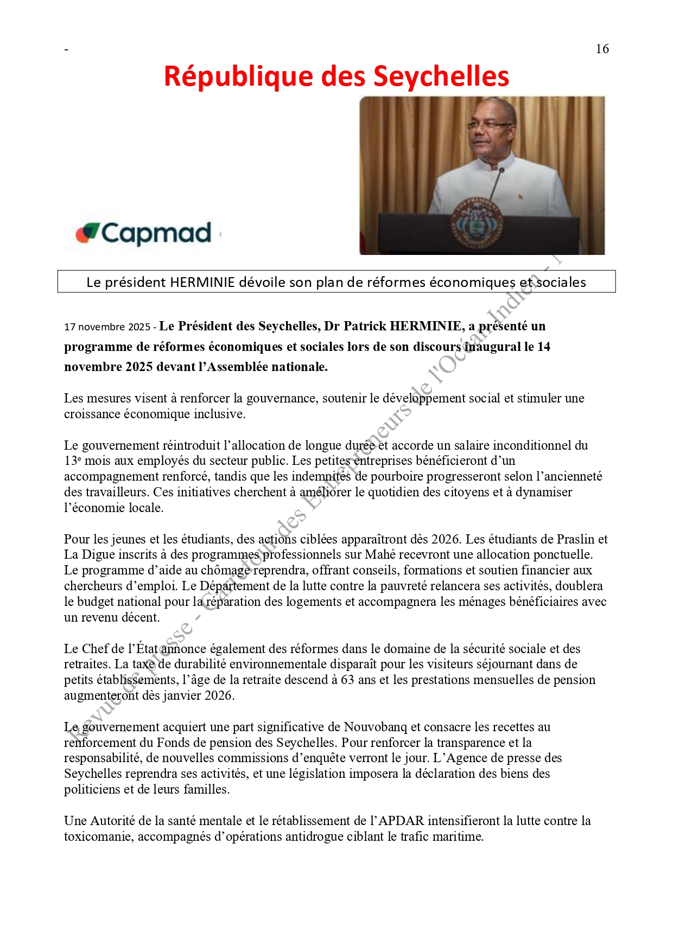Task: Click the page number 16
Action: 602,49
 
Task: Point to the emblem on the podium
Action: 477,223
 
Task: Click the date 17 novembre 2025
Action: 107,327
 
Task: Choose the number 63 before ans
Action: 347,680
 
